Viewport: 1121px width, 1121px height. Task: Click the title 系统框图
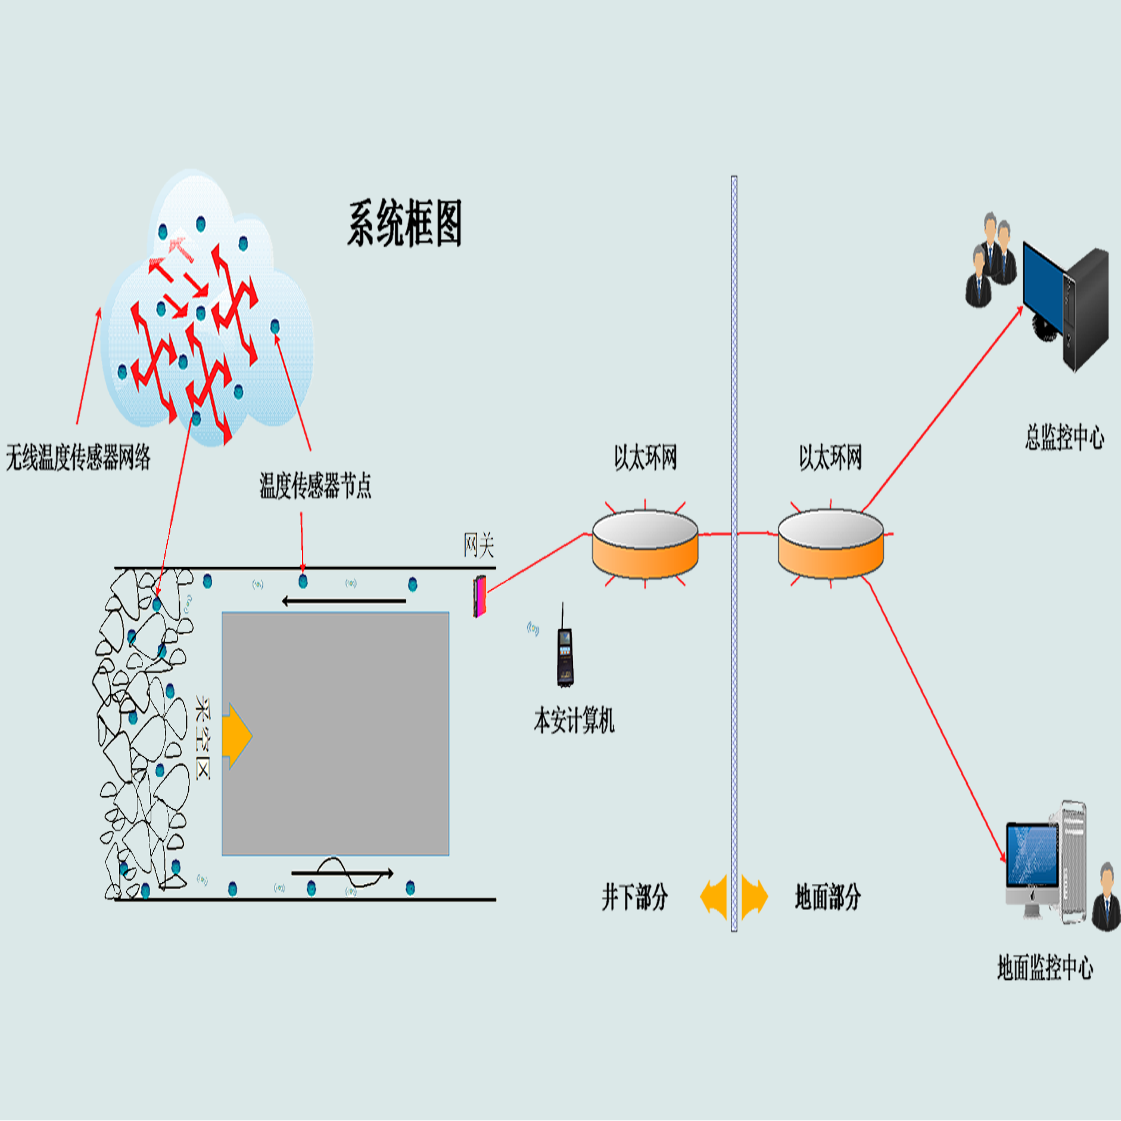click(405, 224)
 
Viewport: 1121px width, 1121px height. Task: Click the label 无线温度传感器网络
click(78, 457)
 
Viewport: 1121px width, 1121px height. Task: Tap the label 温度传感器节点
click(315, 485)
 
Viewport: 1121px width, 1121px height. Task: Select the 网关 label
click(479, 545)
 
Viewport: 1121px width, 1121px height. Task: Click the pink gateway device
click(479, 596)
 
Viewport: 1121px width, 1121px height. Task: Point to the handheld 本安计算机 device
click(565, 655)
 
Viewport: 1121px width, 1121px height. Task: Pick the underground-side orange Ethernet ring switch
click(645, 544)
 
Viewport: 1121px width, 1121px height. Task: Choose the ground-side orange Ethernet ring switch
click(830, 544)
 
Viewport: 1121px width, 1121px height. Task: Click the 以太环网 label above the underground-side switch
click(646, 457)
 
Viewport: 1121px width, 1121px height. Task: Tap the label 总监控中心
click(1064, 437)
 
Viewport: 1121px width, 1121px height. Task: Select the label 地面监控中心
click(1045, 967)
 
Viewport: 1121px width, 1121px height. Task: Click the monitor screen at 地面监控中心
click(1032, 855)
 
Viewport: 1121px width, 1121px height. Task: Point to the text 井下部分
click(634, 897)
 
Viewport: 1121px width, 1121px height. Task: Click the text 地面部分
click(828, 896)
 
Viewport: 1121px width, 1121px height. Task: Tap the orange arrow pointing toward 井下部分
click(715, 896)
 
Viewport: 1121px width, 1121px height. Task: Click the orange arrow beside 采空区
click(236, 736)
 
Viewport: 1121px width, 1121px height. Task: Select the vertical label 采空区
click(203, 737)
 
